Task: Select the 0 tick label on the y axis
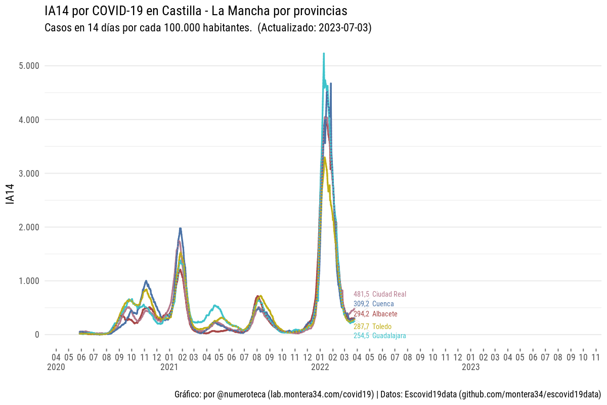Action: (x=37, y=334)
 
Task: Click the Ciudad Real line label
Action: (x=389, y=294)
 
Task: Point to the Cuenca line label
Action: (x=382, y=304)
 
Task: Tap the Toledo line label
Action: (x=381, y=327)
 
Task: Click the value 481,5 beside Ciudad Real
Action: (x=361, y=294)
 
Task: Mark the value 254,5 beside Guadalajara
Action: (x=361, y=336)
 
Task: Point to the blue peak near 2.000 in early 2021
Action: (x=180, y=229)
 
